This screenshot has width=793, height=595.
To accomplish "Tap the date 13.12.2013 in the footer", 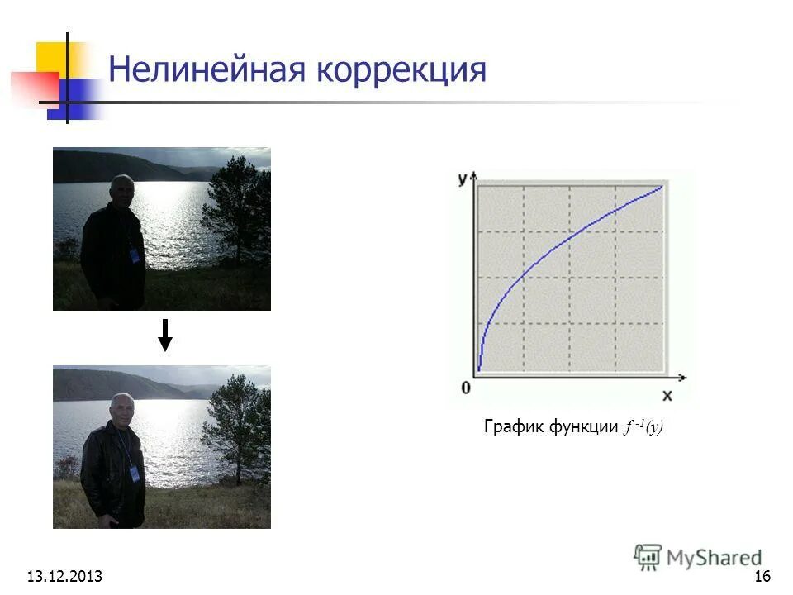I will pos(64,576).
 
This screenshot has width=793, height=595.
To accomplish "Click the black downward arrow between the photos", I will pos(165,335).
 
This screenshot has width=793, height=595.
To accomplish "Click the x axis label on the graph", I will pos(667,396).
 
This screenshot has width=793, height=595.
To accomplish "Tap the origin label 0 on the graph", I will pos(466,387).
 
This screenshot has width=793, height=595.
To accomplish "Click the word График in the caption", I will pos(510,427).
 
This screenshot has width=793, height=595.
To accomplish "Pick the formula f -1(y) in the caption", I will pos(643,427).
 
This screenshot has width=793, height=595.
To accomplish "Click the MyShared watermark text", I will pos(715,559).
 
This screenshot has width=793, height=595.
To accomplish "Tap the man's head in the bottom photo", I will pos(121,407).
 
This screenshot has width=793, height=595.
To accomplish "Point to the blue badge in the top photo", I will pos(135,255).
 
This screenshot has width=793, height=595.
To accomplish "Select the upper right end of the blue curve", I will pos(662,187).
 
